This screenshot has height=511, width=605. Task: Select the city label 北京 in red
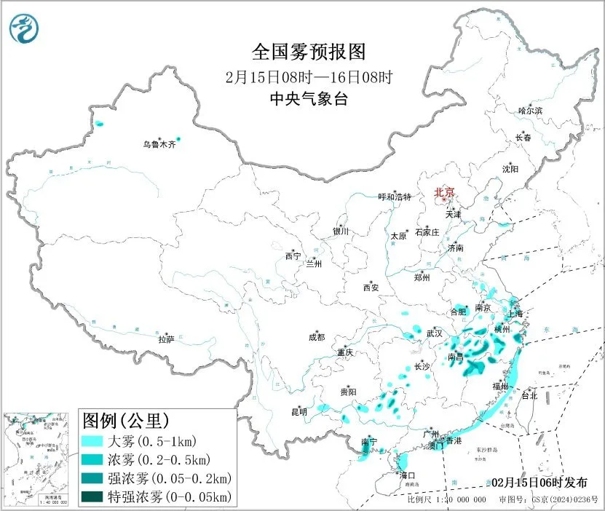point(444,192)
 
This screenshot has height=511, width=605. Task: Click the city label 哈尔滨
point(530,110)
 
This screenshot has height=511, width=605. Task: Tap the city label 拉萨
point(167,338)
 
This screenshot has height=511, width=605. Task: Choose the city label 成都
point(317,336)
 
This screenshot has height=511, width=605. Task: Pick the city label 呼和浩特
point(395,197)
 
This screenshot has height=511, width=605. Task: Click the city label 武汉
point(435,333)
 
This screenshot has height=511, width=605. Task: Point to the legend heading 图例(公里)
point(126,421)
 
